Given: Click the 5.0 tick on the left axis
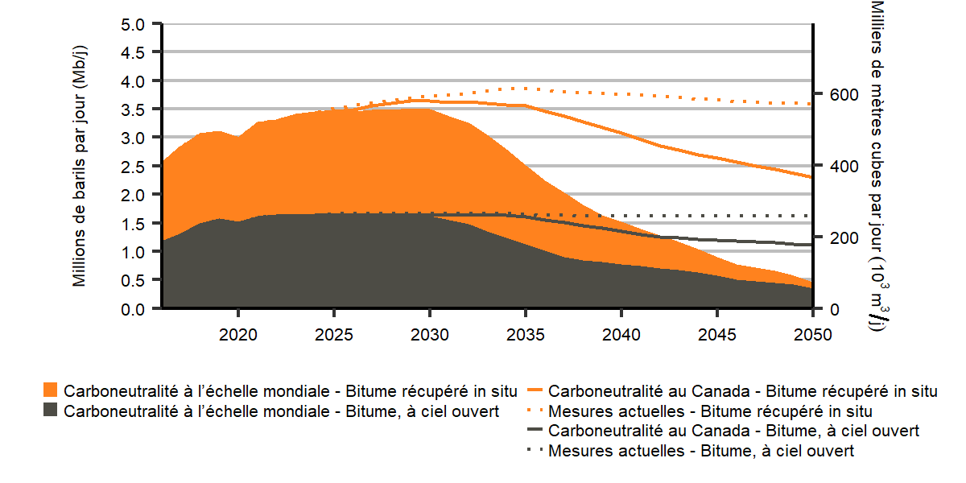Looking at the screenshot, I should [135, 24].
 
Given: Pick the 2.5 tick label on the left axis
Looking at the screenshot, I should [135, 167].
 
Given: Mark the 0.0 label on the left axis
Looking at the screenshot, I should [135, 309].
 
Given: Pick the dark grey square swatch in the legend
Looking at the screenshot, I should [51, 411].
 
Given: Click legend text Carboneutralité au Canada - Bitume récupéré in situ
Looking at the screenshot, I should [743, 392].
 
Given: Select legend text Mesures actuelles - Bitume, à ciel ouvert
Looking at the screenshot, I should [701, 451].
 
